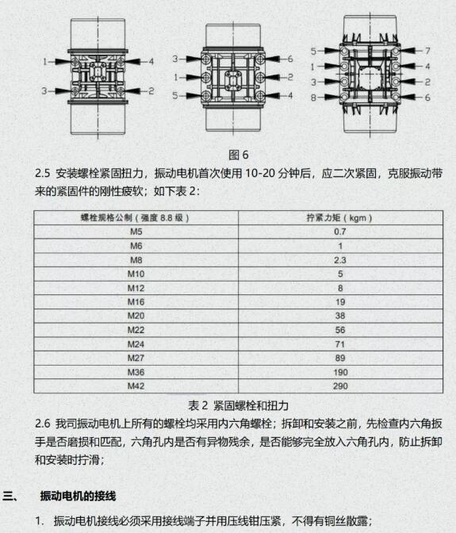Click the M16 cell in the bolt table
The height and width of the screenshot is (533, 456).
(136, 302)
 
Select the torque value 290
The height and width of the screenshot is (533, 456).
(340, 386)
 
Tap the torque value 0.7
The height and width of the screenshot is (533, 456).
(339, 232)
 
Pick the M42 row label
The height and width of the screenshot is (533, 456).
(136, 386)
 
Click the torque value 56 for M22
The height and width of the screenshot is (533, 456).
(340, 330)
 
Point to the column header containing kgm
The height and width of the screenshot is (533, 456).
(339, 218)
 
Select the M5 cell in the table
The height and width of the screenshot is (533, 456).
(136, 232)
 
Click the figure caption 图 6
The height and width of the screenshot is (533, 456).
(239, 155)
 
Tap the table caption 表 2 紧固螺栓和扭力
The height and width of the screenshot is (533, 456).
(239, 405)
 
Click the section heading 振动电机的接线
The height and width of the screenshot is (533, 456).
(78, 496)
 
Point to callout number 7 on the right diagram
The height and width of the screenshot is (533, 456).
(427, 51)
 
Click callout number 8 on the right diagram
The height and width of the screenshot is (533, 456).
(313, 98)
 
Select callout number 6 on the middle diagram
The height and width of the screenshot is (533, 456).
(289, 59)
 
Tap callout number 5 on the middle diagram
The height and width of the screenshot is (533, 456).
(175, 95)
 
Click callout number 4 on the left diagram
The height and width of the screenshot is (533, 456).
(151, 62)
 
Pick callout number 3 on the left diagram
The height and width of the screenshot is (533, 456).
(44, 91)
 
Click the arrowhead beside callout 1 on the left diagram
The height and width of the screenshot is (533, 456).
(63, 62)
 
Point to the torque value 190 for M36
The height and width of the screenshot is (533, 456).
(340, 372)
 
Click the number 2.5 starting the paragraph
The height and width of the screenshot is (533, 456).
(43, 174)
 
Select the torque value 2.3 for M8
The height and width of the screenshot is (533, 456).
(339, 260)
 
